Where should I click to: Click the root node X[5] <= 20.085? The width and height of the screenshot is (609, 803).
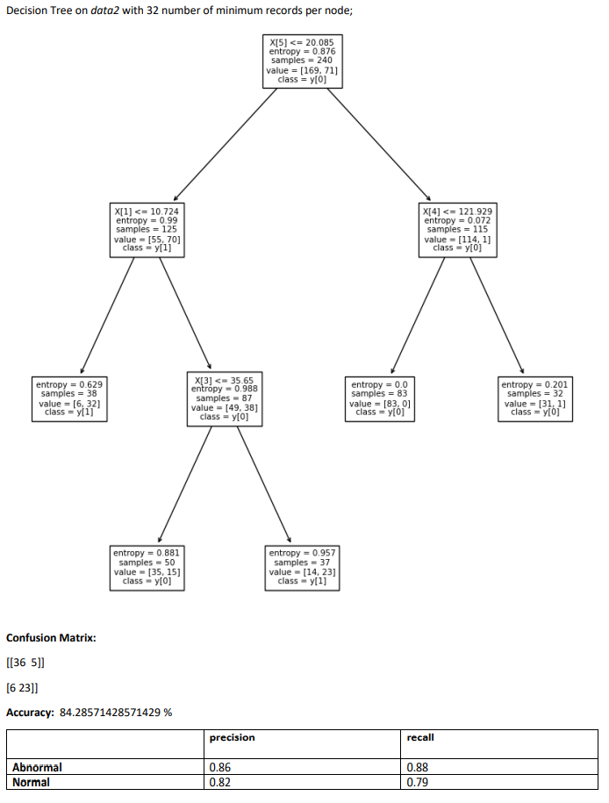pyautogui.click(x=302, y=61)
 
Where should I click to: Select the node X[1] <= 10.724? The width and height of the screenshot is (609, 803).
pyautogui.click(x=147, y=230)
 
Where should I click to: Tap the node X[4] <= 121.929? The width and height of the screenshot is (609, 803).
pyautogui.click(x=457, y=230)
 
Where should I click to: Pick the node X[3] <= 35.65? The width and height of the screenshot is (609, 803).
pyautogui.click(x=225, y=398)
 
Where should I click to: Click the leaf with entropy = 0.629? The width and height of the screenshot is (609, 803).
pyautogui.click(x=69, y=398)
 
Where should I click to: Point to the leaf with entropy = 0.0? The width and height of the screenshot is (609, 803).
pyautogui.click(x=379, y=398)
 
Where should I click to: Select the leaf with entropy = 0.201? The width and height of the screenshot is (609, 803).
pyautogui.click(x=534, y=398)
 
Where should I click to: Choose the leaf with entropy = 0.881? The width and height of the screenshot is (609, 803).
pyautogui.click(x=147, y=567)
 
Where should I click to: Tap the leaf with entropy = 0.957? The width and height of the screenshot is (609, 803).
pyautogui.click(x=302, y=567)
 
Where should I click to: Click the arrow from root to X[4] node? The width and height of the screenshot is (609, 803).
pyautogui.click(x=379, y=145)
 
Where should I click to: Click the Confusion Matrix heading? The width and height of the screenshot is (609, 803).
pyautogui.click(x=51, y=637)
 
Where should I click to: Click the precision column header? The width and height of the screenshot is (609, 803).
pyautogui.click(x=232, y=737)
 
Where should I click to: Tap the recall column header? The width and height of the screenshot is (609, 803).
pyautogui.click(x=420, y=737)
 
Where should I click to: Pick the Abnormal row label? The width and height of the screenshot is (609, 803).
pyautogui.click(x=37, y=767)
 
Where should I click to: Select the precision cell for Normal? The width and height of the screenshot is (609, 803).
pyautogui.click(x=219, y=782)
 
